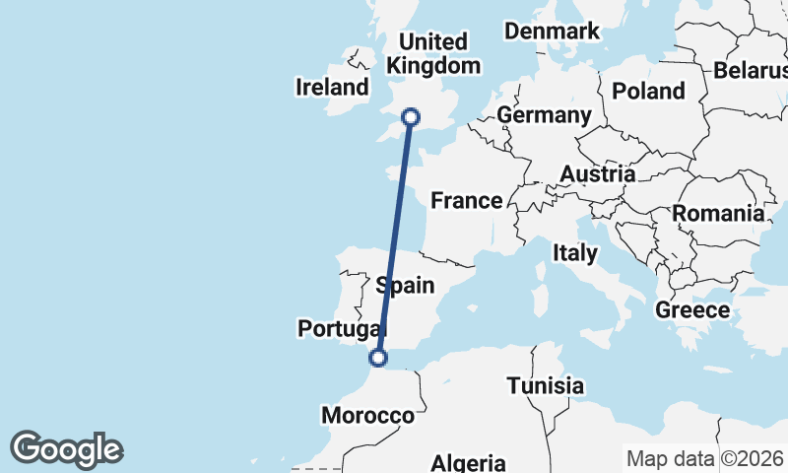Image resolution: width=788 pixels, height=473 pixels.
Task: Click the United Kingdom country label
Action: [x=434, y=54]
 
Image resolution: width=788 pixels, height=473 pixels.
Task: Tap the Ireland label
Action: [x=332, y=87]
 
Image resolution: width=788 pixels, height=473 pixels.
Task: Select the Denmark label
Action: [x=552, y=32]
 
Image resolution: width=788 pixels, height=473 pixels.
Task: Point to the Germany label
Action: [x=544, y=115]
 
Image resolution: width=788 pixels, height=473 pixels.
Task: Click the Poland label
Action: [x=648, y=91]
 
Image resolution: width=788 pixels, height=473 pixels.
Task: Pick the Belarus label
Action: [x=751, y=71]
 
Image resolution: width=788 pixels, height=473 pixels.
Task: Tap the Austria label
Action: [x=597, y=174]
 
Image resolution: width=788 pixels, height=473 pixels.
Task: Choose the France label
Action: [x=467, y=201]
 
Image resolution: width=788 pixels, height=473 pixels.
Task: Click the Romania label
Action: [x=718, y=213]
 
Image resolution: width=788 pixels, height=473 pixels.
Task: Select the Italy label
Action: [x=574, y=253]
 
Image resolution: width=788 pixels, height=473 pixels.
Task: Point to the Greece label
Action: [x=693, y=310]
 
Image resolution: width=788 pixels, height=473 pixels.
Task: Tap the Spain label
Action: [x=405, y=286]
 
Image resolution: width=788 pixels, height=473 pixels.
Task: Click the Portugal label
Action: [x=341, y=328]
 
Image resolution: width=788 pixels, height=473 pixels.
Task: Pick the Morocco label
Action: [x=368, y=416]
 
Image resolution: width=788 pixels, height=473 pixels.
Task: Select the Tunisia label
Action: [x=546, y=385]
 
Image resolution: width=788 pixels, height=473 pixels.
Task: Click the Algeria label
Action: [x=469, y=462]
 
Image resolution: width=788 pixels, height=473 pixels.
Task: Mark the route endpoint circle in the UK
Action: [x=411, y=118]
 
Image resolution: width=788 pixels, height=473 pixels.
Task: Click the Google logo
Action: [x=66, y=449]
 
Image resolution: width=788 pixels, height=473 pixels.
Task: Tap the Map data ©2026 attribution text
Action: [x=705, y=458]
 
